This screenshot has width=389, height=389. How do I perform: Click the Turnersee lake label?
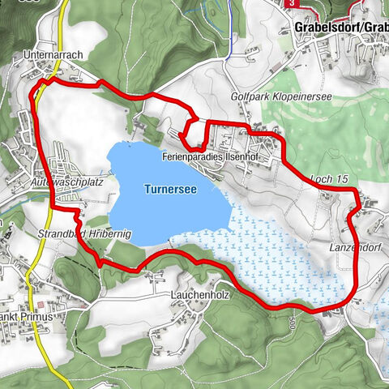click(x=170, y=189)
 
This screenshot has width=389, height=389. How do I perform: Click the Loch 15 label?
click(x=328, y=178)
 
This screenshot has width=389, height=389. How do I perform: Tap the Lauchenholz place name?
click(x=201, y=296)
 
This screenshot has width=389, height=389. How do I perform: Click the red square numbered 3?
click(x=291, y=4)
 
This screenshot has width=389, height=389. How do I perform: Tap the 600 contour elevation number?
click(x=289, y=323)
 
